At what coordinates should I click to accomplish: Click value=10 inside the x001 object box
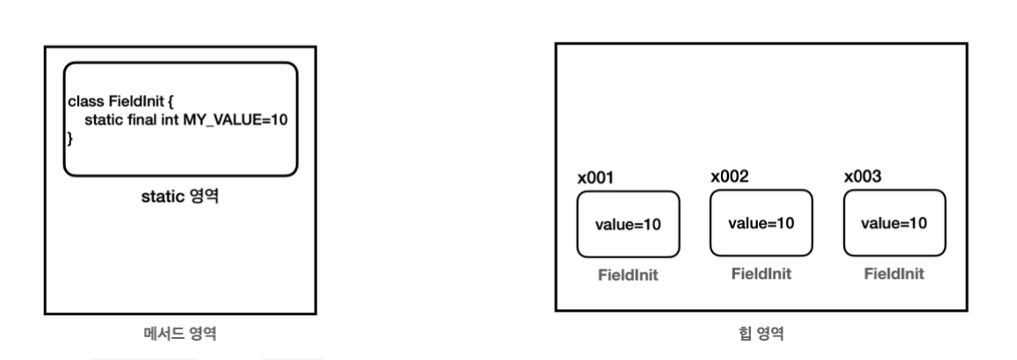[628, 224]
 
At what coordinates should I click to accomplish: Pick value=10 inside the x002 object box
[761, 222]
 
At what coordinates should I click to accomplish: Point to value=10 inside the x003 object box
[894, 222]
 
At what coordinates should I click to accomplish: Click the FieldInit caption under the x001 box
[628, 275]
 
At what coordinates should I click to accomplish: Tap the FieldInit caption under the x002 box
[761, 273]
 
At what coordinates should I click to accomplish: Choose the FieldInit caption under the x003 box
[894, 273]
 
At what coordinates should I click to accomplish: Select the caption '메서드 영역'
[180, 333]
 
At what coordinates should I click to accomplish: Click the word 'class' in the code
[84, 101]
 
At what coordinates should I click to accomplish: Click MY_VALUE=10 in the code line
[234, 119]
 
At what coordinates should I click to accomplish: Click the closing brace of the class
[69, 138]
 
